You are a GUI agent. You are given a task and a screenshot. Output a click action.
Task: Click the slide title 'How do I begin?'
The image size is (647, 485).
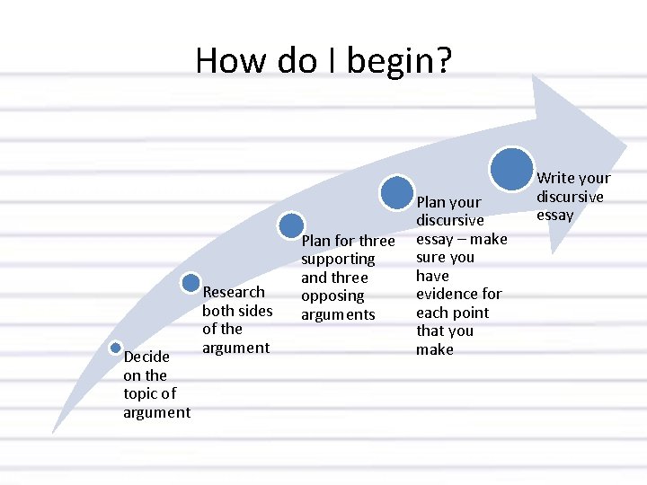[x=323, y=61]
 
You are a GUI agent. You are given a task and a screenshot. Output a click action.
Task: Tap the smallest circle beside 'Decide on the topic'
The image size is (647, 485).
[x=116, y=348]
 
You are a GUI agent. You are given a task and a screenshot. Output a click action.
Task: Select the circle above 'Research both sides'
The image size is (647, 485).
[x=191, y=283]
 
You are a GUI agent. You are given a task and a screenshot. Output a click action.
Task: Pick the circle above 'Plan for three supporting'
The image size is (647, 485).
[x=291, y=225]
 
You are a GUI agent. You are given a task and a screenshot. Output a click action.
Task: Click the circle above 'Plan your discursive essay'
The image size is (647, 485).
[x=396, y=192]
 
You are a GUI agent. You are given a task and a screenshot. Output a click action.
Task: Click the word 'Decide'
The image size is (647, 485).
[x=146, y=357]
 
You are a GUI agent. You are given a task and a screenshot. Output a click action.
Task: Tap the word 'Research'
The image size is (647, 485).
[x=234, y=292]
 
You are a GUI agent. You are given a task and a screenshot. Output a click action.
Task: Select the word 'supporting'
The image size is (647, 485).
[x=338, y=259]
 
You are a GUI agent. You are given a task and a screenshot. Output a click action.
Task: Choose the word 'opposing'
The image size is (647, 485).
[x=332, y=295]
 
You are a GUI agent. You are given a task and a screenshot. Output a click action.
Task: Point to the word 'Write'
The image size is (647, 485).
[x=554, y=178]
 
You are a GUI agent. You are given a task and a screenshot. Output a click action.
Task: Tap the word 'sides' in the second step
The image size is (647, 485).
[x=255, y=311]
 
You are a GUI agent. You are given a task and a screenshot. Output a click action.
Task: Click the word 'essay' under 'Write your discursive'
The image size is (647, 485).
[x=554, y=216]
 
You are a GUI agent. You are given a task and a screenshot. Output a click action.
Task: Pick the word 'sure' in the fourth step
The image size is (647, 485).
[x=430, y=257]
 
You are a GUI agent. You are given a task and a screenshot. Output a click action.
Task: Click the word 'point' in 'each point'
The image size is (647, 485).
[x=472, y=313]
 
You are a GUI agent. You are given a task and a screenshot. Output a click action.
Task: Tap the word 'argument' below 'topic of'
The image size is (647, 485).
[x=157, y=412]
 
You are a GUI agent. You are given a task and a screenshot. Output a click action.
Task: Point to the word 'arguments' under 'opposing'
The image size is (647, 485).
[x=338, y=314]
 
